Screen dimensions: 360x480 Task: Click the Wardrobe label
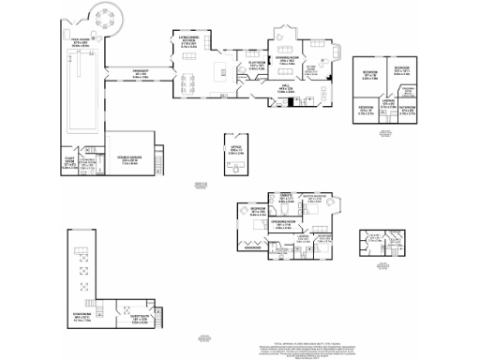251,247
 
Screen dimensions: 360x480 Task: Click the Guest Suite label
127,321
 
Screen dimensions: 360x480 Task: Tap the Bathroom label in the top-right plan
407,112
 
